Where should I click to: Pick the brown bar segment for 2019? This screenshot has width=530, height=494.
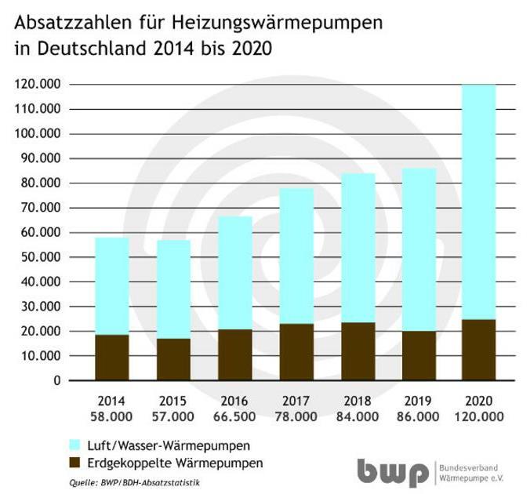point(419,355)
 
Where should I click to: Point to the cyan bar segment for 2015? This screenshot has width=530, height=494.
point(173,289)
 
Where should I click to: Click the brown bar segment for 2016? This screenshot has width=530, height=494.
point(234,354)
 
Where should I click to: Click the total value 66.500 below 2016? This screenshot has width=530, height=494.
point(234,416)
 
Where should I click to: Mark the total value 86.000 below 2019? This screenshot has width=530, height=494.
point(419,416)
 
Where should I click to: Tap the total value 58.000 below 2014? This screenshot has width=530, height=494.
point(112,416)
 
